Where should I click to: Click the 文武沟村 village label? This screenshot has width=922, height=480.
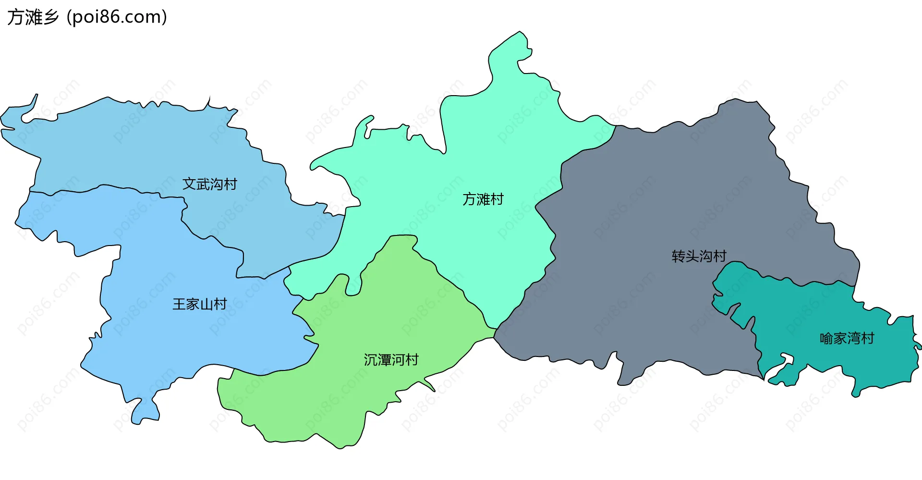point(210,184)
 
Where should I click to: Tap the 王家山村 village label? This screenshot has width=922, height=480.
point(200,304)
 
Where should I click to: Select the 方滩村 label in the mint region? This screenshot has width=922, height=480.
point(483,199)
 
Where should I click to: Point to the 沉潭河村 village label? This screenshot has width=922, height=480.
point(391,360)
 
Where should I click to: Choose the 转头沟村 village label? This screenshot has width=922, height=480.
point(699,256)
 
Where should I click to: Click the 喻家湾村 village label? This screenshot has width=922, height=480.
point(847,339)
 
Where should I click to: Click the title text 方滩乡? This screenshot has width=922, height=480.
point(33,17)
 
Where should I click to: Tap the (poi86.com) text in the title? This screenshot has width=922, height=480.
point(117,17)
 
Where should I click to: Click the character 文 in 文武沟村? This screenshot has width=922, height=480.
point(189,184)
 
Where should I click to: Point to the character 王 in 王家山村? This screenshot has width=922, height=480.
point(179,304)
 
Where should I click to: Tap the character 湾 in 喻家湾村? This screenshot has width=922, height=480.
point(854,339)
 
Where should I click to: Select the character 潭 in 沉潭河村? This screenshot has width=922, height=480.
point(384,360)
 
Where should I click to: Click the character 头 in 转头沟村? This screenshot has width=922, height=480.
point(692,256)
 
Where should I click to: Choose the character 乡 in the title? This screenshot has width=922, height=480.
point(50,17)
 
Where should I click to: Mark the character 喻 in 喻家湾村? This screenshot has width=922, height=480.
point(826,339)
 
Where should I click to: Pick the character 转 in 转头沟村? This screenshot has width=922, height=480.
point(678,256)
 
